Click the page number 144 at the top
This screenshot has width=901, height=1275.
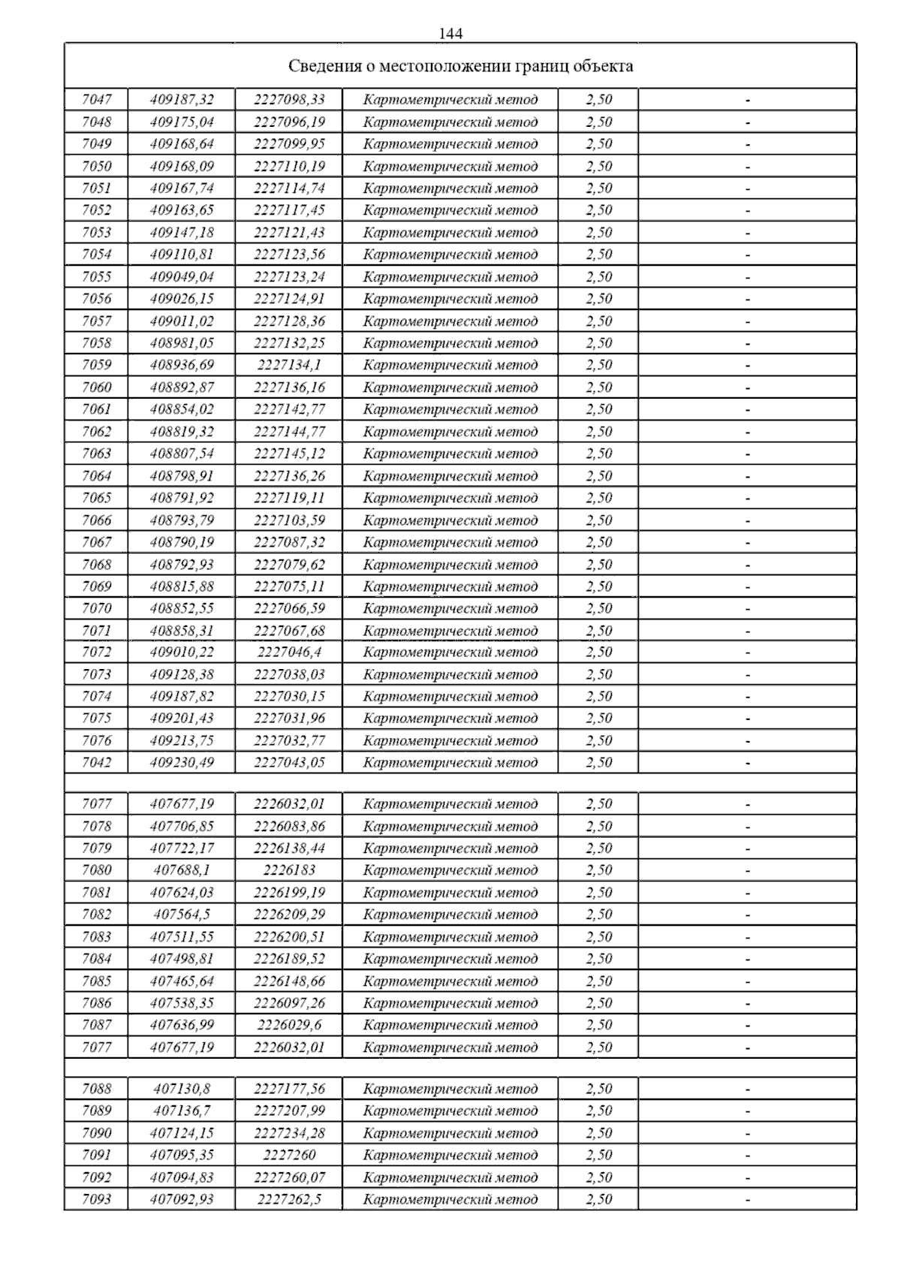click(450, 34)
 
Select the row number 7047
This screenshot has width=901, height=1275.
click(96, 99)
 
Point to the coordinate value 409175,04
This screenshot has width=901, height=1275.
click(182, 122)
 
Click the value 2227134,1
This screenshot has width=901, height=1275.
click(289, 365)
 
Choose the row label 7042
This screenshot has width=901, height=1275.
click(96, 762)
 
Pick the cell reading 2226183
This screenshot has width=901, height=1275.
click(289, 870)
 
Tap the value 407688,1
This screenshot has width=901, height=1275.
click(182, 870)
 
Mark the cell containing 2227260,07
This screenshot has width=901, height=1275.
click(289, 1177)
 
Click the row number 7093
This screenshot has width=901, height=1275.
click(96, 1199)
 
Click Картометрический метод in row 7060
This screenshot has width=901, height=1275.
click(450, 387)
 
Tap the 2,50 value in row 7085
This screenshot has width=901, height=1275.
click(598, 981)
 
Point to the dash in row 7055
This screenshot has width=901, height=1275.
click(748, 277)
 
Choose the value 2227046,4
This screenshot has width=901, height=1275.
click(289, 652)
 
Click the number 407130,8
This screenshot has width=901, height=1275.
click(182, 1089)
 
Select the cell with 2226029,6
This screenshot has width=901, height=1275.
click(289, 1025)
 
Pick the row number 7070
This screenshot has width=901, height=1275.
click(96, 608)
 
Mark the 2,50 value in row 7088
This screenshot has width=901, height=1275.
click(598, 1089)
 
